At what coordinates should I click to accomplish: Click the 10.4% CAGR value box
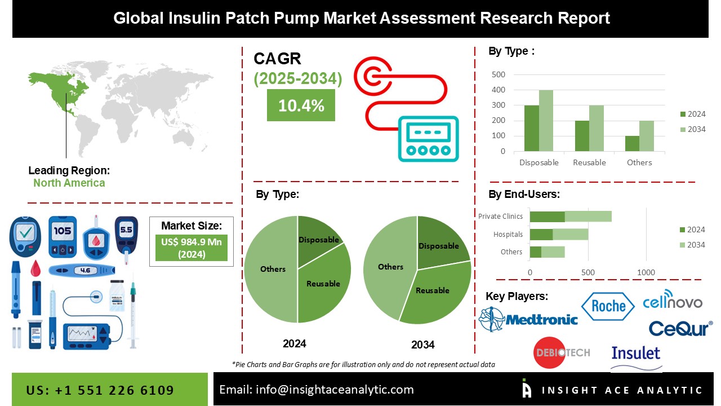301,105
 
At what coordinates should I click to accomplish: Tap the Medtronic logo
528,319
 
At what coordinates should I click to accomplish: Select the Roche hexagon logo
607,306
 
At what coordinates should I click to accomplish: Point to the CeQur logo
680,328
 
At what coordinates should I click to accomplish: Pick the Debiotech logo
560,352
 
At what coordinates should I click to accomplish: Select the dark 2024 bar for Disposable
531,128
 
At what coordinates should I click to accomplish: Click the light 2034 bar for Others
647,136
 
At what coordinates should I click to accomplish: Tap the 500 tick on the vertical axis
499,74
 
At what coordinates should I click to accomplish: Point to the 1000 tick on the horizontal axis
646,273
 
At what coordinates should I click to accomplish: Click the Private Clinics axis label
500,216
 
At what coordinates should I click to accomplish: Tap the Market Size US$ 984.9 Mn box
192,248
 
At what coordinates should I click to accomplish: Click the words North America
69,183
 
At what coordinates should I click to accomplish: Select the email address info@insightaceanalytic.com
316,390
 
